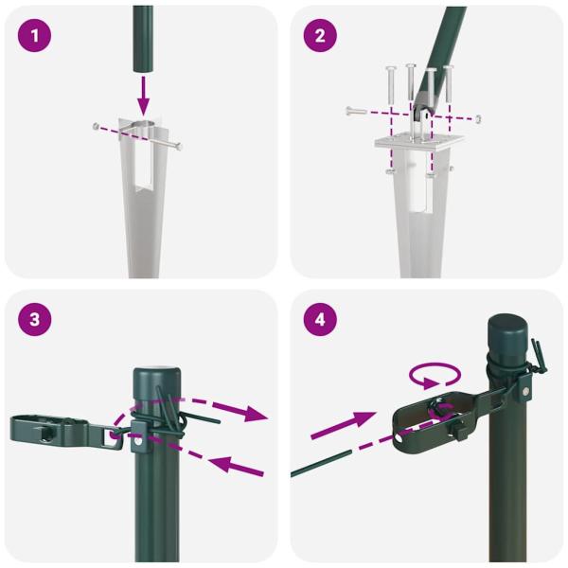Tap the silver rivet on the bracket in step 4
coord(525,391)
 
